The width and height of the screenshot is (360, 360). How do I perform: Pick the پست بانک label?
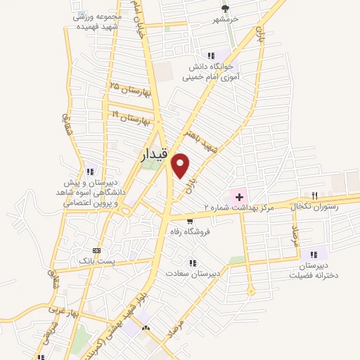click(96, 261)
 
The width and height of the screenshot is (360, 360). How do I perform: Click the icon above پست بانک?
click(96, 250)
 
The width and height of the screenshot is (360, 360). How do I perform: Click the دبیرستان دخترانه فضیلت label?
click(314, 271)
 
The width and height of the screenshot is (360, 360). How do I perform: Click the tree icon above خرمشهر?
click(225, 8)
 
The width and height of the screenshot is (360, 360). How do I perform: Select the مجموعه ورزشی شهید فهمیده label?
click(98, 20)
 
